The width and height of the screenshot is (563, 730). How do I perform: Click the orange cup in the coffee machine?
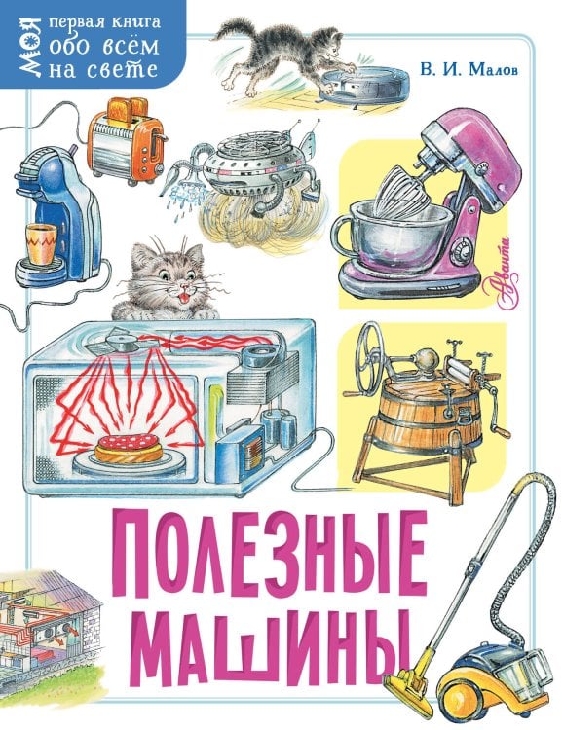(39, 238)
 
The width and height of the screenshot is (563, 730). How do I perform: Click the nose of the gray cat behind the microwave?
(162, 281)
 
